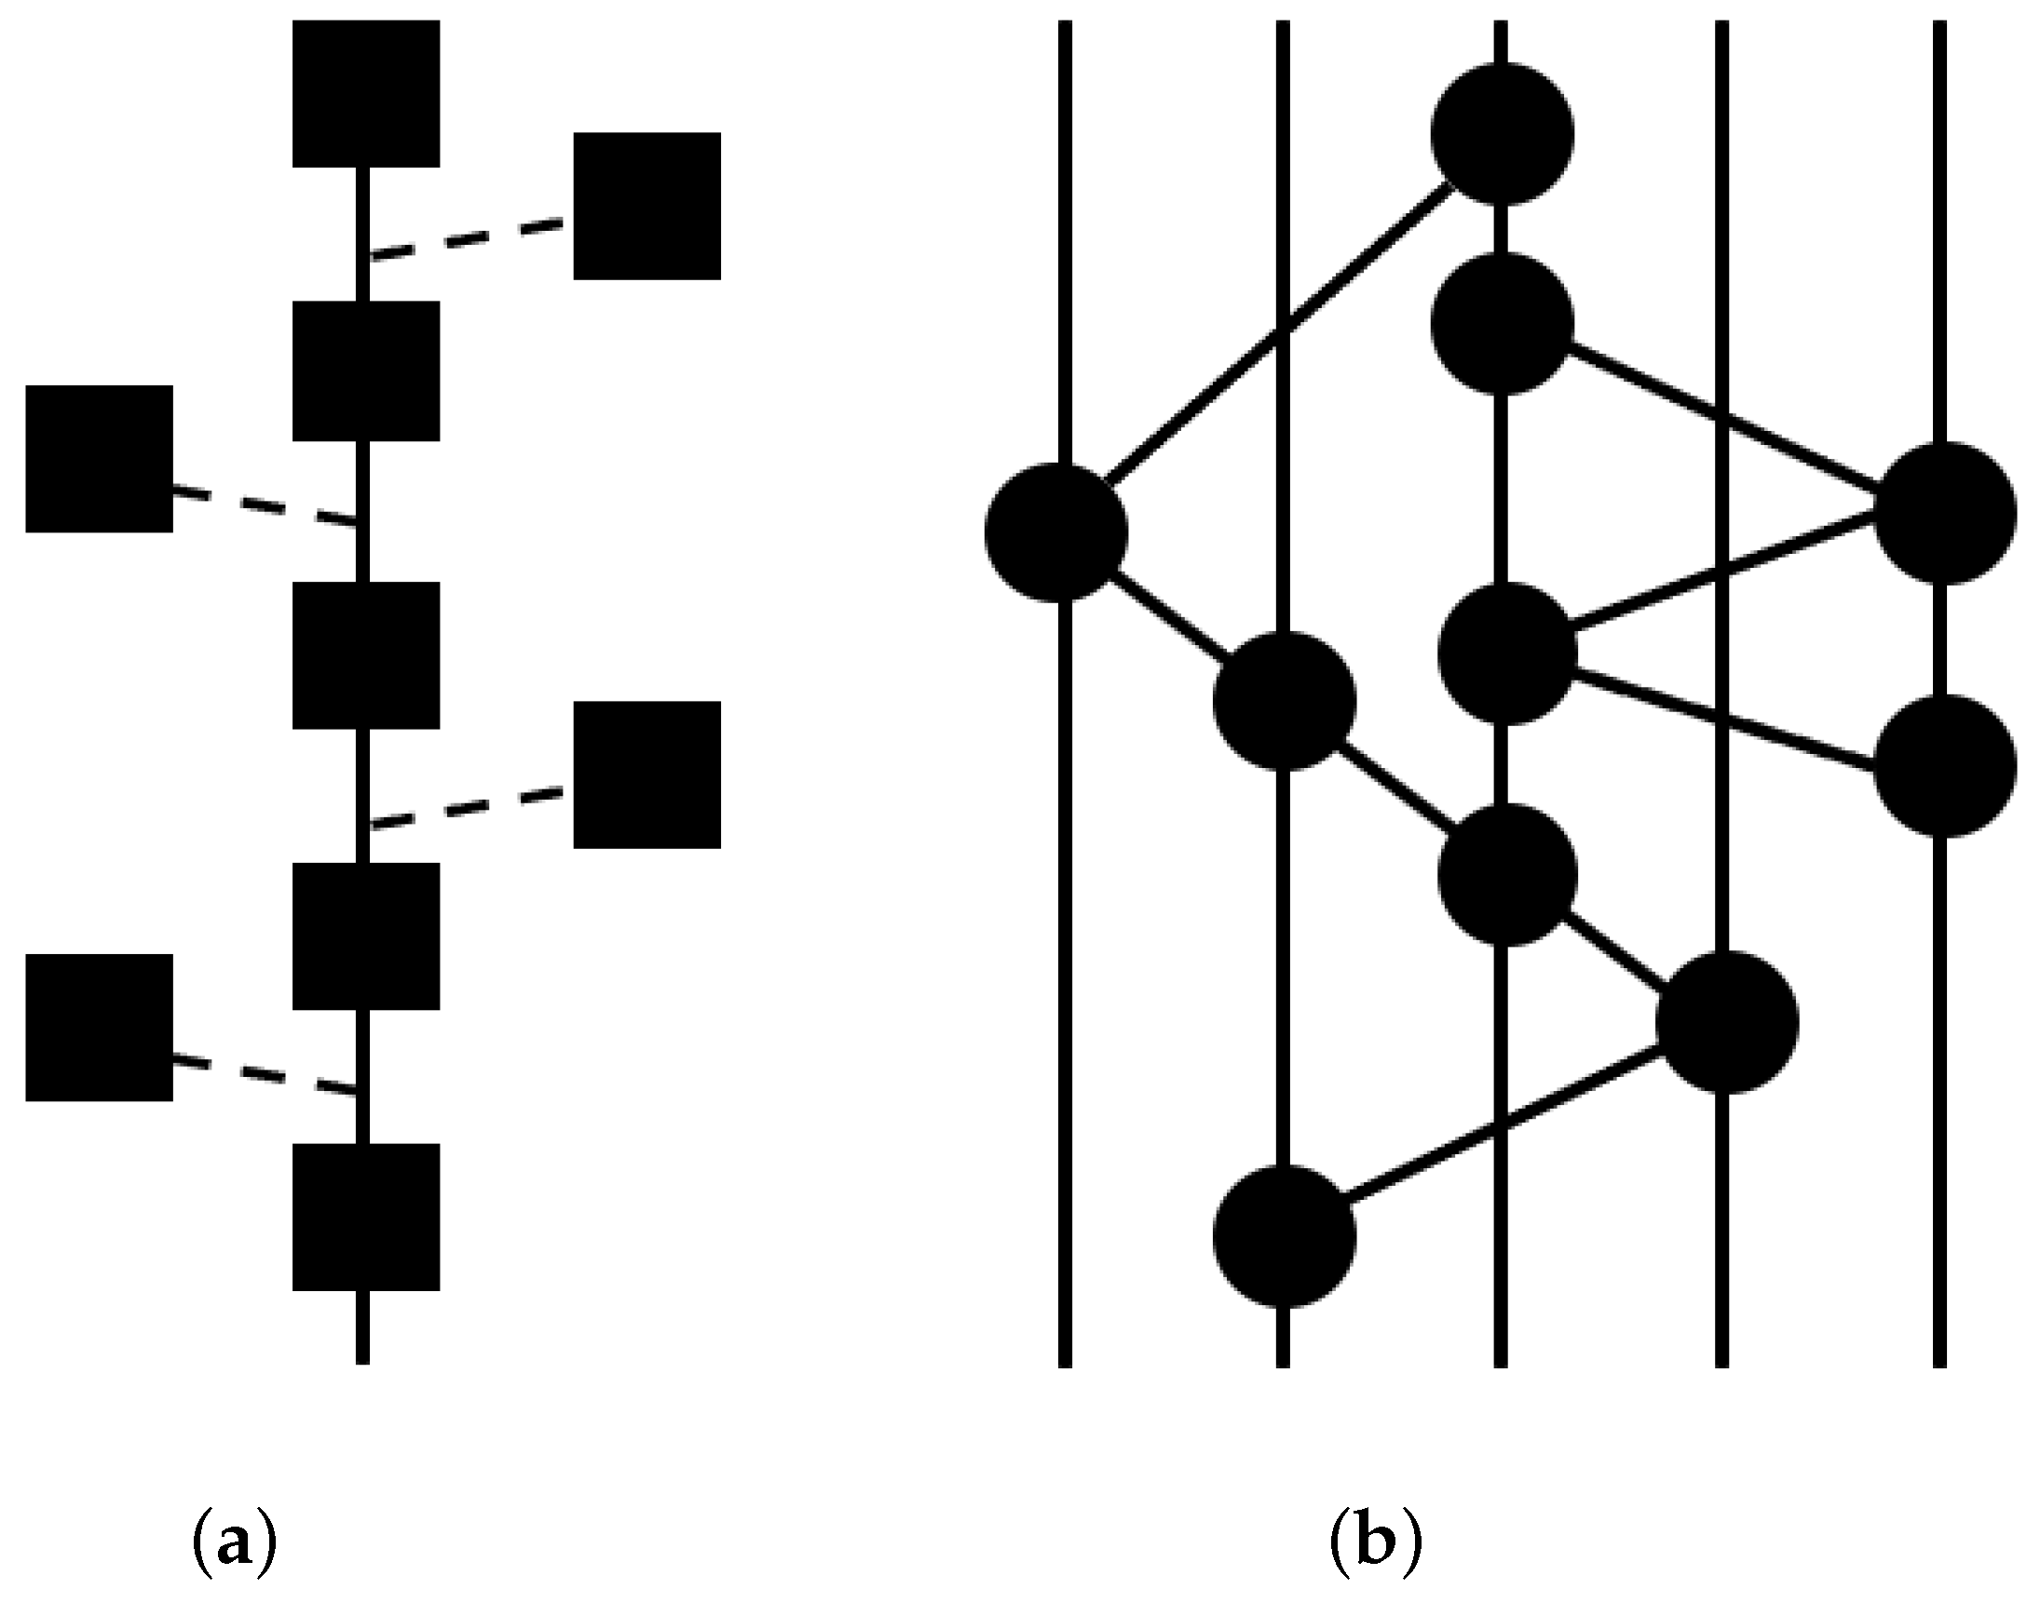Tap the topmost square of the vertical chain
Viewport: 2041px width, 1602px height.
(366, 94)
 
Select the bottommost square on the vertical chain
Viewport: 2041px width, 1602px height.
(366, 1217)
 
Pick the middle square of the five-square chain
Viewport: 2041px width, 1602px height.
(366, 654)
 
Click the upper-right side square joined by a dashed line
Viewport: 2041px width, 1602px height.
(646, 206)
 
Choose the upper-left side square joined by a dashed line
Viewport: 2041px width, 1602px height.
(99, 459)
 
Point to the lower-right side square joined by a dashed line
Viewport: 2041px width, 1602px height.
(646, 774)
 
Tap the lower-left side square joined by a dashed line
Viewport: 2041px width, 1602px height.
(99, 1027)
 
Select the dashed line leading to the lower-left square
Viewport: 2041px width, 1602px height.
(265, 1076)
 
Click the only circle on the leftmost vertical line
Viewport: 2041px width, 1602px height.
(1055, 532)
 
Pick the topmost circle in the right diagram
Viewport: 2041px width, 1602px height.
(1504, 134)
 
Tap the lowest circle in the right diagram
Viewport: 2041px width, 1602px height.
(1284, 1235)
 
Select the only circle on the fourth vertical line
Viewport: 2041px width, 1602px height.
(1727, 1021)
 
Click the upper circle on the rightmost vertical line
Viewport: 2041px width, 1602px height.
(1944, 513)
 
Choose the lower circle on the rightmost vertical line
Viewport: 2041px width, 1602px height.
(1944, 766)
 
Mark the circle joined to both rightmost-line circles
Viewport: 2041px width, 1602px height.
(1507, 653)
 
